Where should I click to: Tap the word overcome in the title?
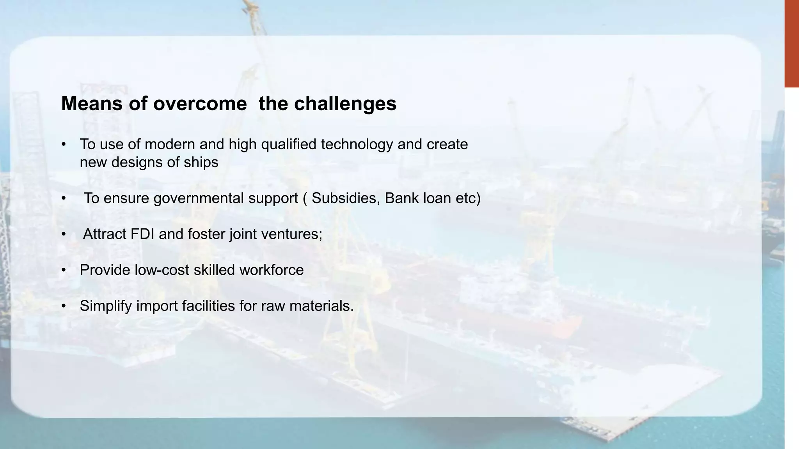tap(200, 104)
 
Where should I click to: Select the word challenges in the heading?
tap(345, 104)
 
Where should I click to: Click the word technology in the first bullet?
tap(357, 145)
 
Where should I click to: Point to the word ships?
tap(204, 162)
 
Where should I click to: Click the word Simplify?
tap(106, 306)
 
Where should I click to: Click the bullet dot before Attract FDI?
tap(64, 235)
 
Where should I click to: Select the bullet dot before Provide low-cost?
tap(64, 270)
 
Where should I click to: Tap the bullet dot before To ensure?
tap(64, 199)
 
